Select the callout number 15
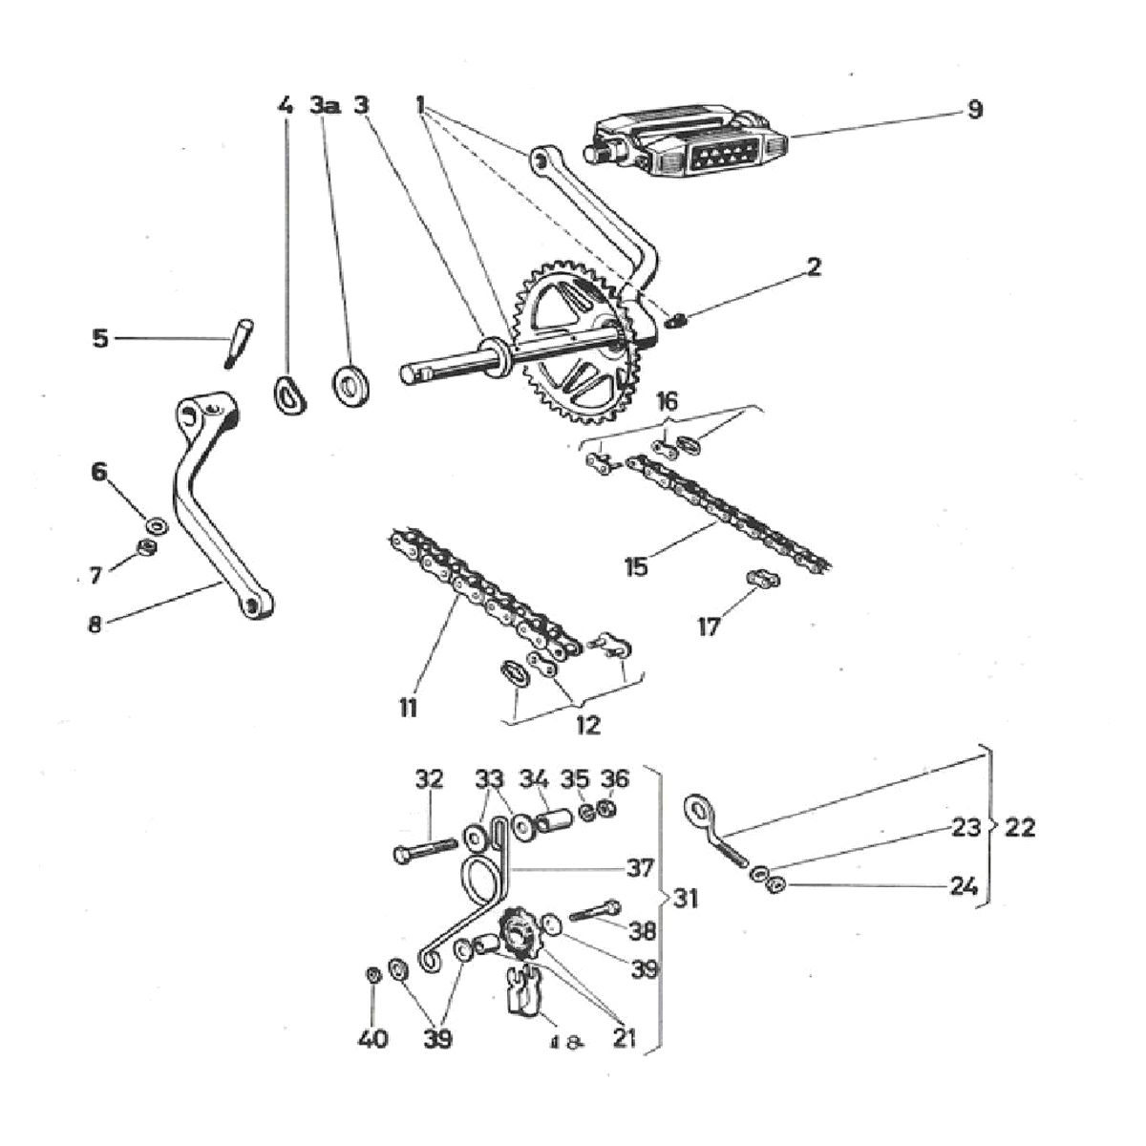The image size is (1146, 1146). click(x=635, y=565)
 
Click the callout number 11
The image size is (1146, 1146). click(x=409, y=708)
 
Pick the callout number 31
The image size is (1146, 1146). click(x=686, y=898)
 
